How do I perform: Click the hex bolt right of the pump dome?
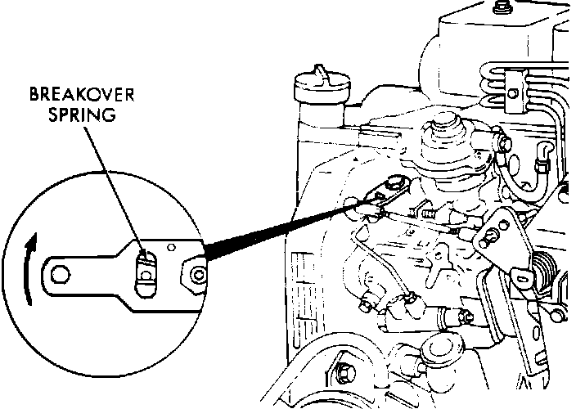tap(503, 146)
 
